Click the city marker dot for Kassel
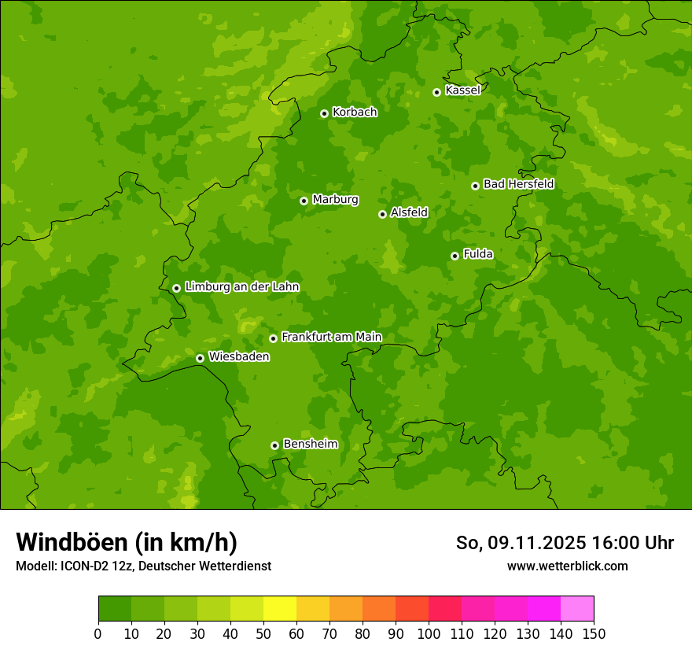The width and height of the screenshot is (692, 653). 436,93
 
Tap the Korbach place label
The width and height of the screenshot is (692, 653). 355,113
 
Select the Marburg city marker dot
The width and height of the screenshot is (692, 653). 304,201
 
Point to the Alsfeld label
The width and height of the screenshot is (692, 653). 409,212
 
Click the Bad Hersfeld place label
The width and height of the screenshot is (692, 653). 518,184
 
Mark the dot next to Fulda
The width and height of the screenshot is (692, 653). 455,256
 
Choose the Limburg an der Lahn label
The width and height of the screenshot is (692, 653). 241,287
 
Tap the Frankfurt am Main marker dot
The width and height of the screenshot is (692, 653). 273,338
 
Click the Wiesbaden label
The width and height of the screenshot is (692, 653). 239,357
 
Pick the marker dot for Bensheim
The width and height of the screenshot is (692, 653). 274,445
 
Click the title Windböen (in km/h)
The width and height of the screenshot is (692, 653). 127,542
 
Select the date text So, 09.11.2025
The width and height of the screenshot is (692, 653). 521,543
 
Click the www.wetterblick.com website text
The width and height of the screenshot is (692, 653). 567,566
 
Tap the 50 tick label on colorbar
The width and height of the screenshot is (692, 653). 263,633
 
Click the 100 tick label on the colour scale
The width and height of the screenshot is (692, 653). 429,633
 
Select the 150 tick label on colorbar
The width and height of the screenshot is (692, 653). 594,633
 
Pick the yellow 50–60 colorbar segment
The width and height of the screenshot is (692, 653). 280,609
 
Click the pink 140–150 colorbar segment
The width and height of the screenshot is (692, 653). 577,609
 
